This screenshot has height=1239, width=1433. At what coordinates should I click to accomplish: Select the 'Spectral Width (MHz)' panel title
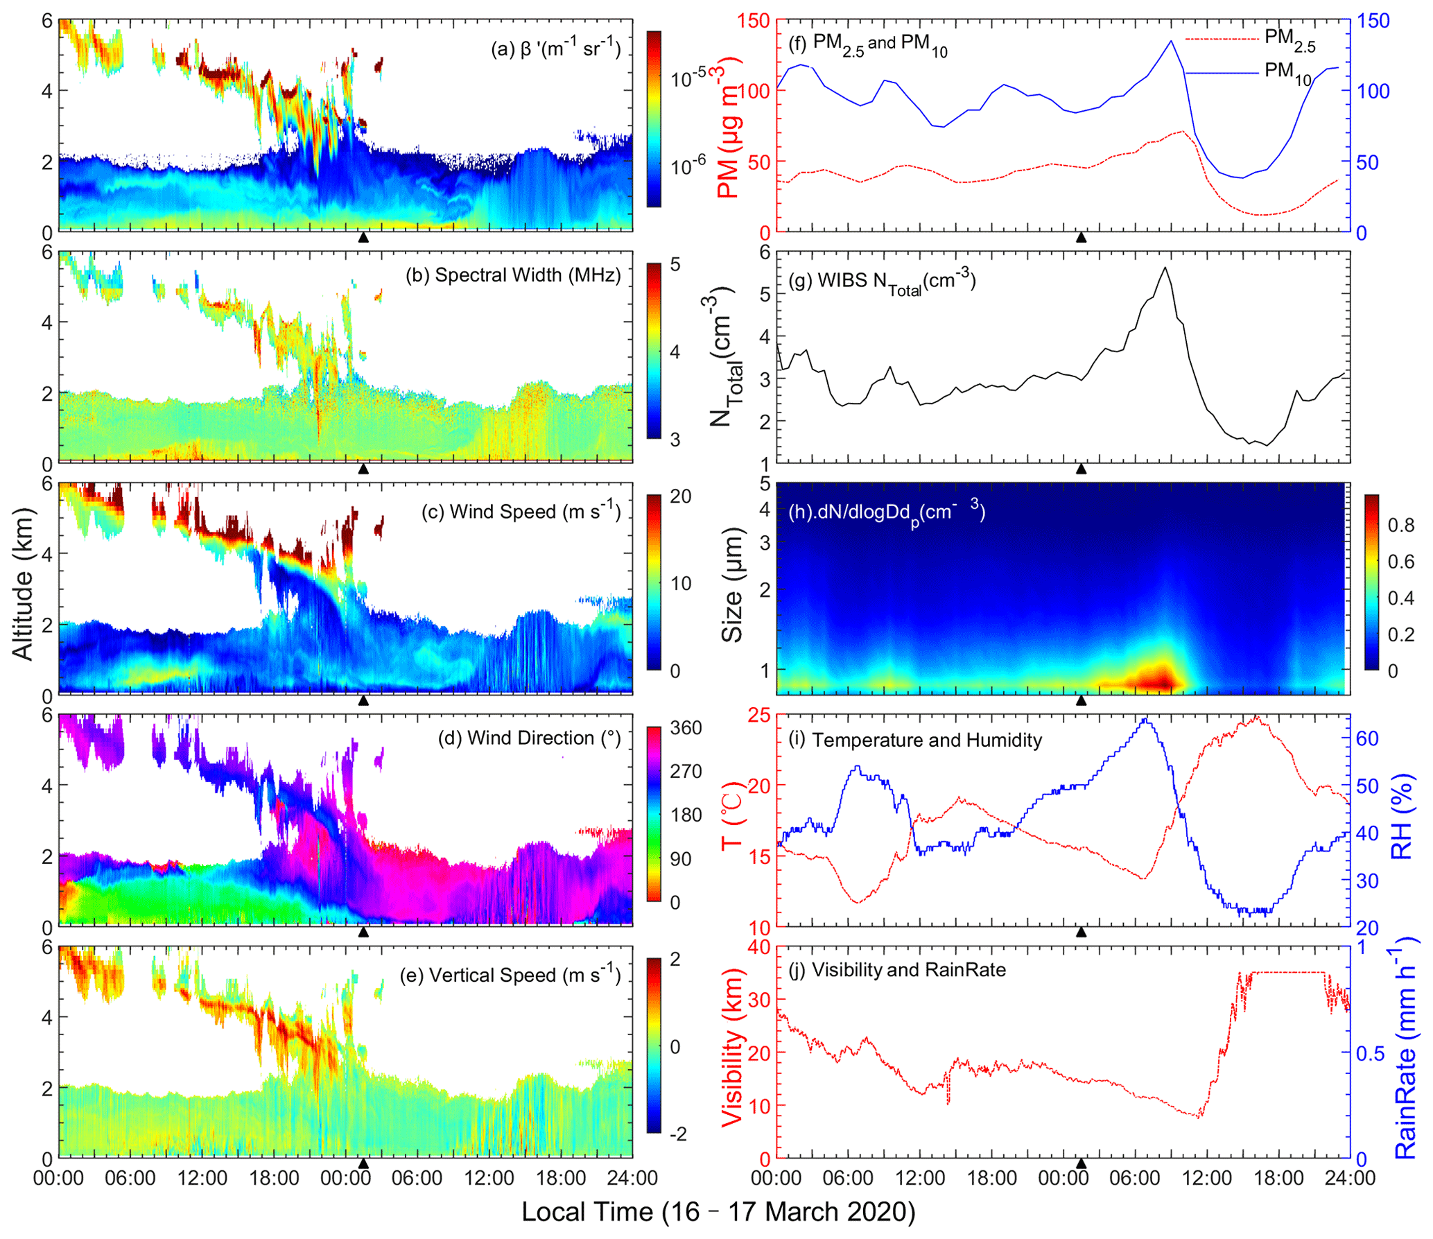[513, 275]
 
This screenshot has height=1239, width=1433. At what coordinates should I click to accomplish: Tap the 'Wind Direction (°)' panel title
[530, 738]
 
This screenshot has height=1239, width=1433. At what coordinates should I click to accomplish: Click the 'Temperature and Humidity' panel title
[915, 740]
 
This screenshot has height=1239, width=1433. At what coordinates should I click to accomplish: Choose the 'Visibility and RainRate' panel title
[898, 969]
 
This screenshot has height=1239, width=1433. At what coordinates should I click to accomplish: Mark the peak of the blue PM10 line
[1171, 41]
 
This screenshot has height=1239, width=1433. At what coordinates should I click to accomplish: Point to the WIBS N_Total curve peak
[1165, 268]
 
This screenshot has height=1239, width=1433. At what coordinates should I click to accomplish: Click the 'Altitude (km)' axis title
[23, 584]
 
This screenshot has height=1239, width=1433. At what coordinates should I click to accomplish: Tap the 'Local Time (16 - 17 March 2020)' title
[718, 1212]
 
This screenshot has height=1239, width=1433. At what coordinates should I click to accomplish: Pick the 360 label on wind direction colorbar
[685, 728]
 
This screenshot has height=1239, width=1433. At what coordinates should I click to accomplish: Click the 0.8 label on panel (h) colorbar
[1400, 526]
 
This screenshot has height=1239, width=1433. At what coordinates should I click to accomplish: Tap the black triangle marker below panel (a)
[363, 237]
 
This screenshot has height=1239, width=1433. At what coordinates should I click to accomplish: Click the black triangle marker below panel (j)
[1080, 1163]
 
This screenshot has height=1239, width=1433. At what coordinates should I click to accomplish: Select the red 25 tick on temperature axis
[760, 715]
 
